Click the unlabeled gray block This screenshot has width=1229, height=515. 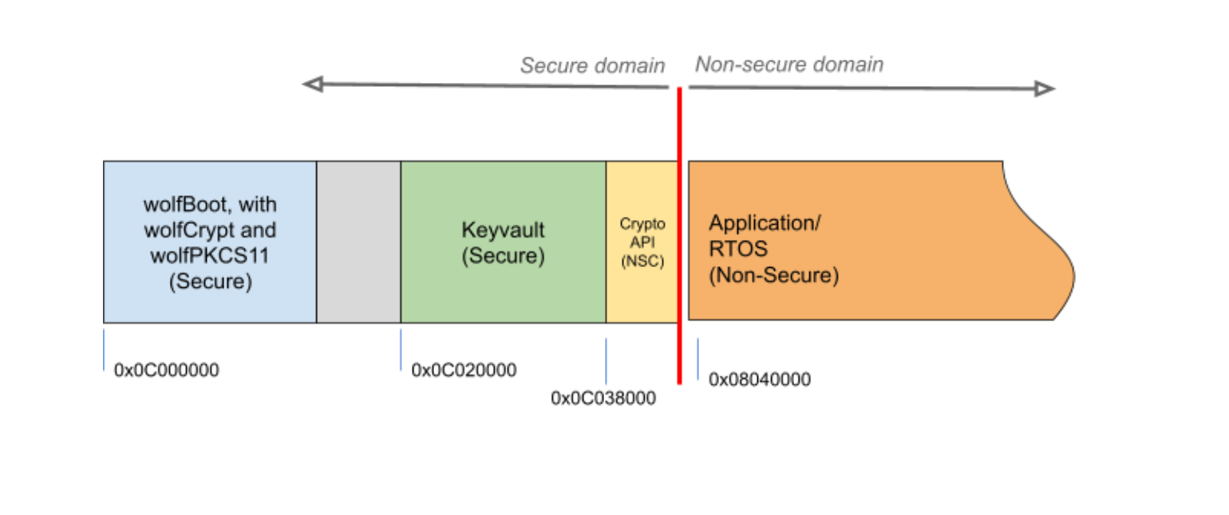tap(358, 242)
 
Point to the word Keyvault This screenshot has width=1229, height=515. tap(503, 230)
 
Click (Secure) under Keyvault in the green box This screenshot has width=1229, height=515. tap(503, 257)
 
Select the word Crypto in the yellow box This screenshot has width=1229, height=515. tap(642, 225)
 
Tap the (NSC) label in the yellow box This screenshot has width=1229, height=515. tap(642, 261)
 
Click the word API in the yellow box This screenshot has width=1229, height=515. tap(642, 242)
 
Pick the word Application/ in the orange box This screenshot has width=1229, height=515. tap(765, 223)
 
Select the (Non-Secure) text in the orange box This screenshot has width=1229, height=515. tap(774, 276)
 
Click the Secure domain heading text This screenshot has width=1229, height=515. tap(592, 66)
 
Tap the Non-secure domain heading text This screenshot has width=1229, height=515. tap(788, 65)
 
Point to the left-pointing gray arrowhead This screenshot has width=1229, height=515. tap(311, 84)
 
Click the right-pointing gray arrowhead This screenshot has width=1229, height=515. tap(1046, 89)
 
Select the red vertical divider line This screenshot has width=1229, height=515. tap(680, 239)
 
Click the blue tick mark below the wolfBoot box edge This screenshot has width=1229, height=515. tap(104, 349)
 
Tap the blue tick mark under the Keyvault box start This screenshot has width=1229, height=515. tap(401, 349)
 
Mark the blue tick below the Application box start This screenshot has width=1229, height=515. tap(697, 359)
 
